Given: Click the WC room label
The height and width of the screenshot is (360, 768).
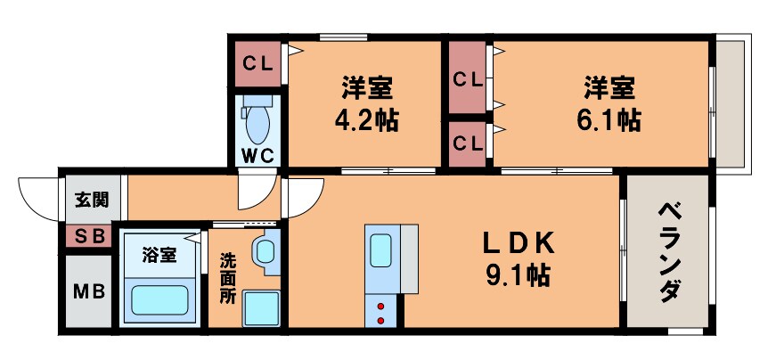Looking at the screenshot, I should (x=258, y=155).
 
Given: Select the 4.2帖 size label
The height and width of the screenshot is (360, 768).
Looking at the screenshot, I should (x=366, y=119).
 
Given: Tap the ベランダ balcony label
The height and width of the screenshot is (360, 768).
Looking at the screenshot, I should (x=670, y=251).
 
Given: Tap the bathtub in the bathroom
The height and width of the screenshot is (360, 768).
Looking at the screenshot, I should (x=160, y=297).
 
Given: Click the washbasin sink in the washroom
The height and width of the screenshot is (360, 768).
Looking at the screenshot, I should (x=266, y=250).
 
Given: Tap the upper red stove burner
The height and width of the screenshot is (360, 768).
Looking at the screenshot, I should (x=382, y=307).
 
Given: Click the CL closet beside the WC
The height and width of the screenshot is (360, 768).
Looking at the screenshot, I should (x=258, y=64).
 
